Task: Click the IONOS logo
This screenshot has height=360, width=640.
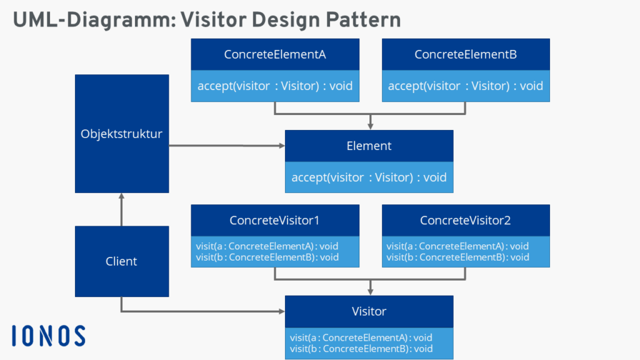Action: [48, 336]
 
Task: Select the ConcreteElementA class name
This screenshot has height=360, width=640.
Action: [275, 54]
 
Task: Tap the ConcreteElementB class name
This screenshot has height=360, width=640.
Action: [466, 54]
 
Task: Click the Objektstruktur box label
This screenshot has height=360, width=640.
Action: [121, 134]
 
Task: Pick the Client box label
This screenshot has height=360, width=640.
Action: [121, 261]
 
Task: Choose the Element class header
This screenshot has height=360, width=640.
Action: [369, 146]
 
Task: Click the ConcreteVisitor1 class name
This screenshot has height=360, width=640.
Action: [275, 221]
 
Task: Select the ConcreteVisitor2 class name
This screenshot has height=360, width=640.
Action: [466, 221]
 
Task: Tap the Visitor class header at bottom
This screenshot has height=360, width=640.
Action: [369, 311]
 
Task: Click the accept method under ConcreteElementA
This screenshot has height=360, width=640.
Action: [275, 86]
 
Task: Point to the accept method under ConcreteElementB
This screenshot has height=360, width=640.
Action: [466, 86]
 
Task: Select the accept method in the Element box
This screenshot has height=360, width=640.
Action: [369, 177]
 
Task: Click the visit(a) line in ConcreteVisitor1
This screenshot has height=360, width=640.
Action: [267, 246]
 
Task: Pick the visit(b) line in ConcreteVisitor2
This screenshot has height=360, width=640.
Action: [457, 257]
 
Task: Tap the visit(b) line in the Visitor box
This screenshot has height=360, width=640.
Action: [361, 349]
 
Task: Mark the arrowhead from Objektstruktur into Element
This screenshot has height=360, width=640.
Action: [281, 146]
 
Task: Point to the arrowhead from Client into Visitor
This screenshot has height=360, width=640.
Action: [281, 311]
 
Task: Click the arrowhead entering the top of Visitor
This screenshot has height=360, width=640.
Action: [371, 291]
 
